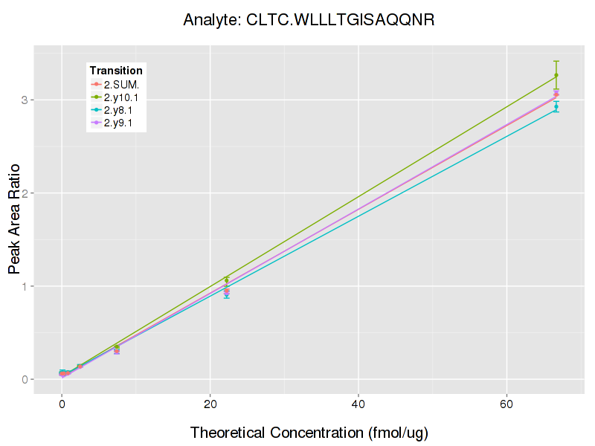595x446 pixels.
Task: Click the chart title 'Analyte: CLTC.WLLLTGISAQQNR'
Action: click(x=309, y=20)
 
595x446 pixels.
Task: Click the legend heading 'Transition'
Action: click(x=116, y=71)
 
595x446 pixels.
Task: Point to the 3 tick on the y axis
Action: click(x=25, y=100)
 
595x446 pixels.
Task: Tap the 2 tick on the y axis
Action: click(x=25, y=193)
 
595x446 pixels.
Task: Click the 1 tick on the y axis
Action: click(x=25, y=286)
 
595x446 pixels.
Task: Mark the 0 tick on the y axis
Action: click(x=25, y=380)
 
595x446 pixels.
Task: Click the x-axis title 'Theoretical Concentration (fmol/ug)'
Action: click(x=309, y=432)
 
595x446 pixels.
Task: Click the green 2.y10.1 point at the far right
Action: click(x=556, y=75)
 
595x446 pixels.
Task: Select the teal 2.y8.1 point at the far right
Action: click(x=556, y=107)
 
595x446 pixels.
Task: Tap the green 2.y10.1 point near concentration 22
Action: click(x=227, y=280)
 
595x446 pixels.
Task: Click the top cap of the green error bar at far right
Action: click(x=556, y=61)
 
